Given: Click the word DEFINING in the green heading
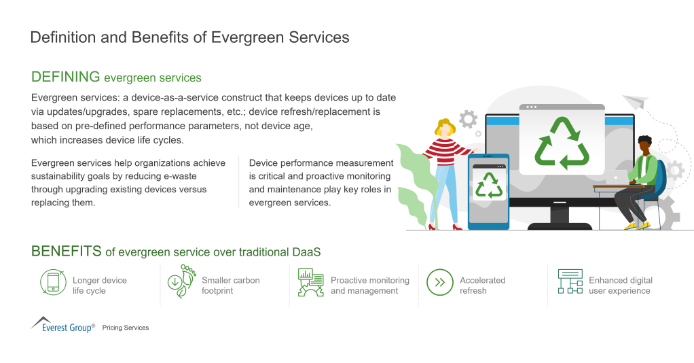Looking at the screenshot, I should pos(66,77).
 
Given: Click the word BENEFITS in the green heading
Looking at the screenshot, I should pos(67,252).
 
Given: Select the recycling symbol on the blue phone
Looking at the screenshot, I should pos(489,185).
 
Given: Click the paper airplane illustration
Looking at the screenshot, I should pos(636,101).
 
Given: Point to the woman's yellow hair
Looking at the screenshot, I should pos(444,127).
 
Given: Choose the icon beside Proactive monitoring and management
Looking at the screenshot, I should pos(310,282).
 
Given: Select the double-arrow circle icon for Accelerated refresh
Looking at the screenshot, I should pos(439,282).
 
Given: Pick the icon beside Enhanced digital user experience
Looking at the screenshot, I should pos(570,281).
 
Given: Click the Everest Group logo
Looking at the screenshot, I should pos(63,324).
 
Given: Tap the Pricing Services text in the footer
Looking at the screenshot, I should pos(126,328).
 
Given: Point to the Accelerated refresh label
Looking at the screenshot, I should pos(482,286).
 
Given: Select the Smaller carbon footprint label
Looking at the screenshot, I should pos(230,286).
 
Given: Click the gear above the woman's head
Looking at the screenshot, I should pos(468,119).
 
